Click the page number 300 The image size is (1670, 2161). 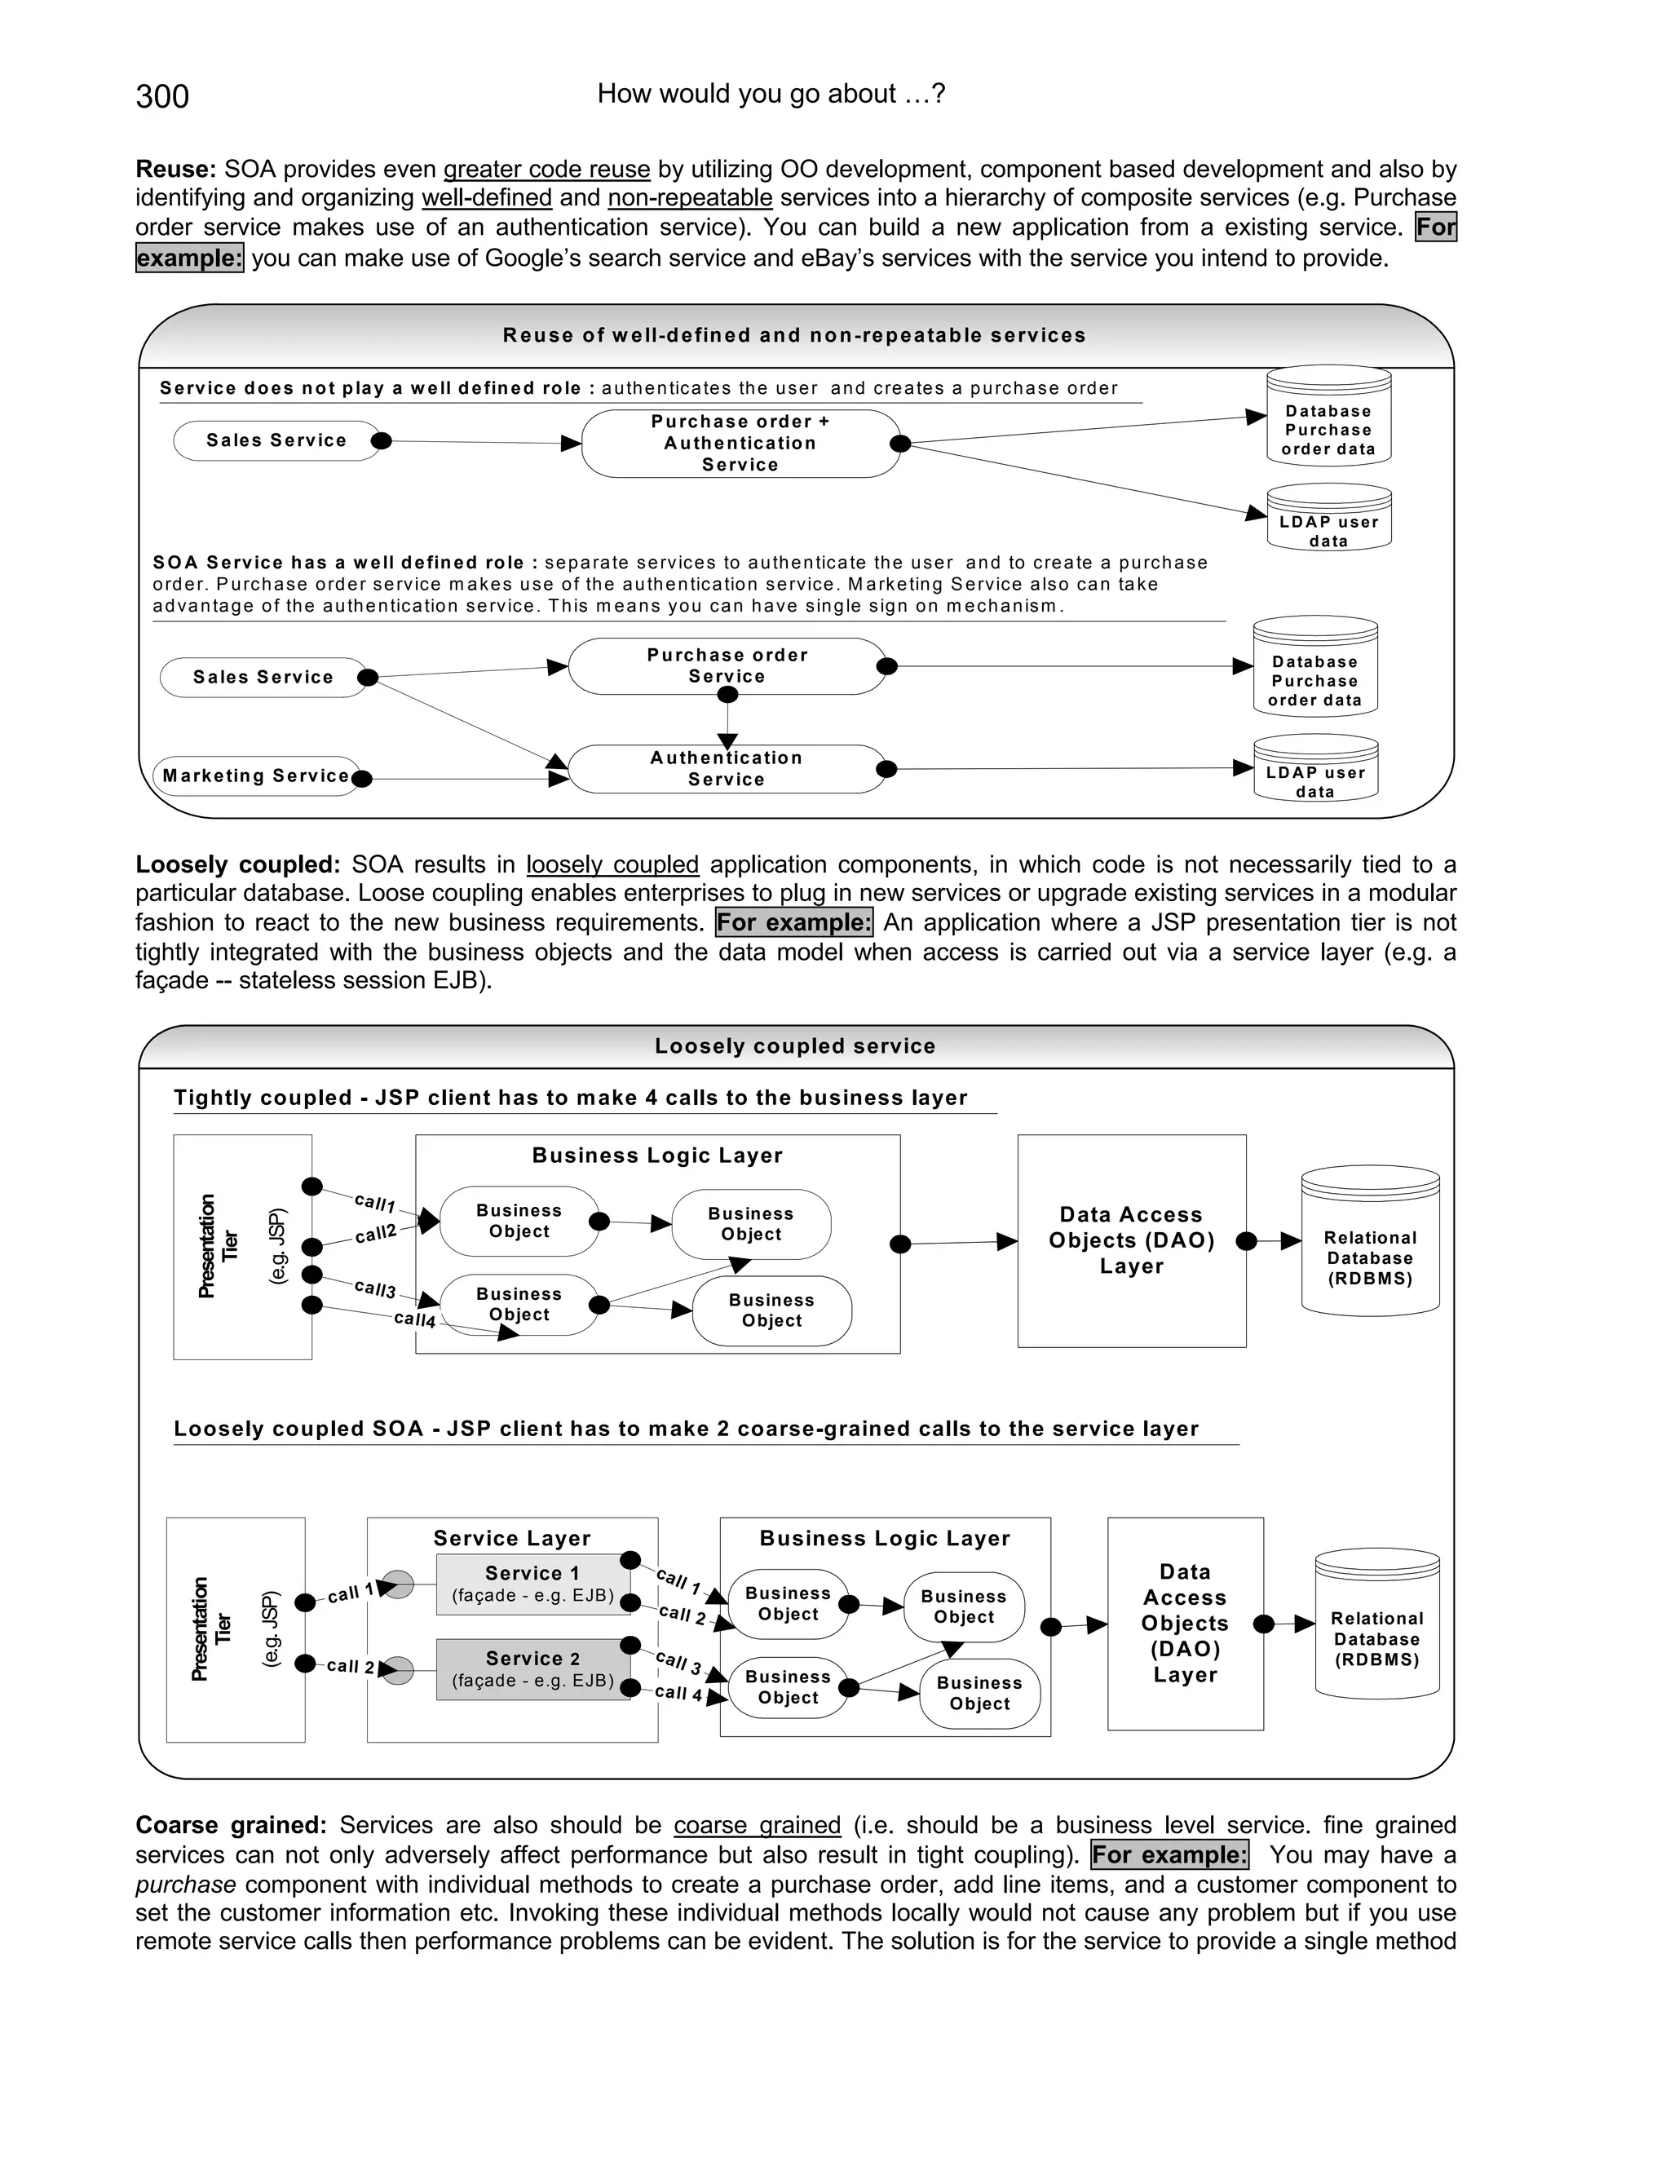[x=162, y=96]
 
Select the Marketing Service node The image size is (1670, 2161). [x=256, y=776]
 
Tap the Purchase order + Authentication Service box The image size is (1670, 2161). [x=740, y=444]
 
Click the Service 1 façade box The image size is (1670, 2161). [x=532, y=1584]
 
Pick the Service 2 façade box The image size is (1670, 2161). [x=532, y=1669]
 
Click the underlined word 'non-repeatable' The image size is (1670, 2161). [x=690, y=198]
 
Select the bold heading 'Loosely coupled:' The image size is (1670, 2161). [x=237, y=864]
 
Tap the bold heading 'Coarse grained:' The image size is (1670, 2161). [x=231, y=1826]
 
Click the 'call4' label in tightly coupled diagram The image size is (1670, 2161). [x=414, y=1319]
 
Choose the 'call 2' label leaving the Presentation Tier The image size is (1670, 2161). [x=350, y=1666]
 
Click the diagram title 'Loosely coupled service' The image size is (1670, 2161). [x=794, y=1046]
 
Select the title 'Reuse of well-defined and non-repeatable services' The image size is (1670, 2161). [x=794, y=335]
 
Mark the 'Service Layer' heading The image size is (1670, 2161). [x=511, y=1539]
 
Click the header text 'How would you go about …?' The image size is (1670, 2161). [x=771, y=94]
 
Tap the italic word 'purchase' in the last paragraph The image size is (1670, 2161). [x=186, y=1884]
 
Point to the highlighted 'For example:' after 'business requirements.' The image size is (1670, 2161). [x=794, y=923]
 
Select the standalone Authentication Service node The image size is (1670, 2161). [x=727, y=769]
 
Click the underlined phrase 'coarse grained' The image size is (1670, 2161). [x=757, y=1826]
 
